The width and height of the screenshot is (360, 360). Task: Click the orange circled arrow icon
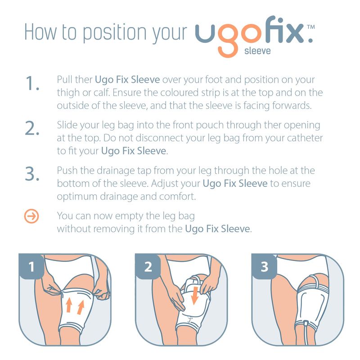click(31, 216)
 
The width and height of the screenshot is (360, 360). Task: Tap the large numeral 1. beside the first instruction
click(32, 83)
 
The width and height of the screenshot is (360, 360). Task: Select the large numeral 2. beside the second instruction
click(32, 128)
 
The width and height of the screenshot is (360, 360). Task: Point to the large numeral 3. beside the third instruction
click(32, 174)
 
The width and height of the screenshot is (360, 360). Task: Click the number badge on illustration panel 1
click(31, 267)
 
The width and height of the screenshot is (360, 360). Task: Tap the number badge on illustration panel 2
click(148, 267)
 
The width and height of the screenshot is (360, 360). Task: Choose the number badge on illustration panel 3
click(265, 267)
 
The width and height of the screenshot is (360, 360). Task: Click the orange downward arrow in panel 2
click(195, 295)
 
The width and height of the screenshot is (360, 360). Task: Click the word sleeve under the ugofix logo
click(257, 51)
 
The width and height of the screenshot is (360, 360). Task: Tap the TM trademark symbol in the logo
click(311, 27)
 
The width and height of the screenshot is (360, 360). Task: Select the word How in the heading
click(40, 32)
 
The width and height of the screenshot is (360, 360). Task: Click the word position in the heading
click(114, 33)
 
